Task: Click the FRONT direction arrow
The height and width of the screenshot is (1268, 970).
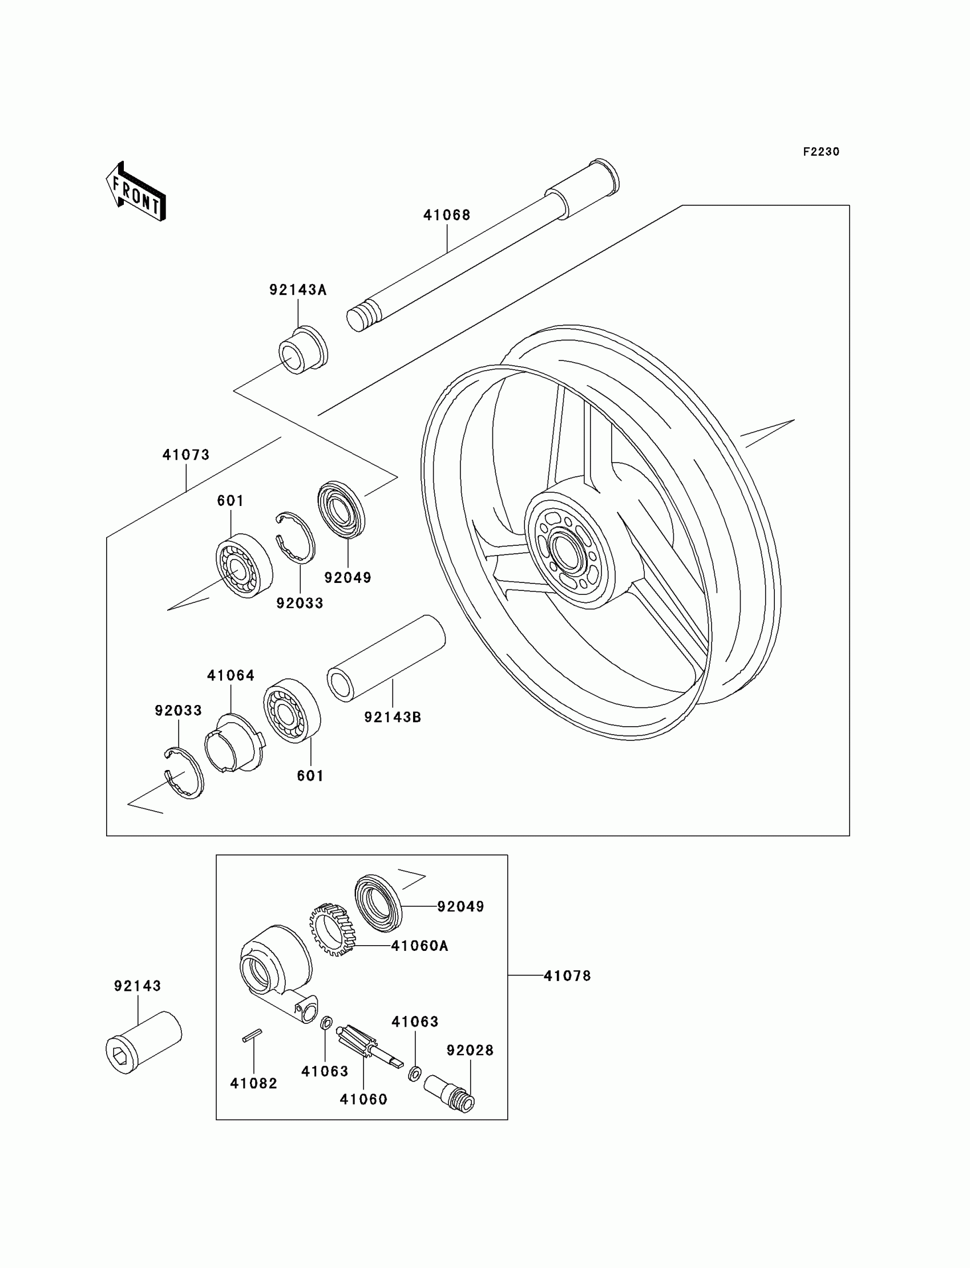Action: click(x=136, y=192)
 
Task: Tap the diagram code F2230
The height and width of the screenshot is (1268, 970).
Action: click(x=821, y=152)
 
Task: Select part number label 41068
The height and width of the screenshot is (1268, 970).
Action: click(x=447, y=215)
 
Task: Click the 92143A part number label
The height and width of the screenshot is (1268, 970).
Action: click(x=298, y=290)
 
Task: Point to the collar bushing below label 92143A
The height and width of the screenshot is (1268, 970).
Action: click(x=303, y=350)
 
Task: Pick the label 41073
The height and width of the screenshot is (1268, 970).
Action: click(x=186, y=455)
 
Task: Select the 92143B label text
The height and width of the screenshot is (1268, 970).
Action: click(x=393, y=718)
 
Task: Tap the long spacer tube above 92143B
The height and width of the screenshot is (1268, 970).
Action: click(x=386, y=657)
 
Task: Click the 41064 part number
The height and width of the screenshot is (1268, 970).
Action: click(x=231, y=675)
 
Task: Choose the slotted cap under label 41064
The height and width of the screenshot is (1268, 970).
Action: click(x=233, y=743)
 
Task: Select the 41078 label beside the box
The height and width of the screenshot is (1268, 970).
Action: click(x=567, y=976)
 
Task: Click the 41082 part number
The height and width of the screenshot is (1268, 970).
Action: click(x=253, y=1083)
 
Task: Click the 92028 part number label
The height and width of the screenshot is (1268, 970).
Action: click(x=470, y=1051)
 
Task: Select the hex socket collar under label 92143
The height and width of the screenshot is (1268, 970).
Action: click(x=143, y=1042)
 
